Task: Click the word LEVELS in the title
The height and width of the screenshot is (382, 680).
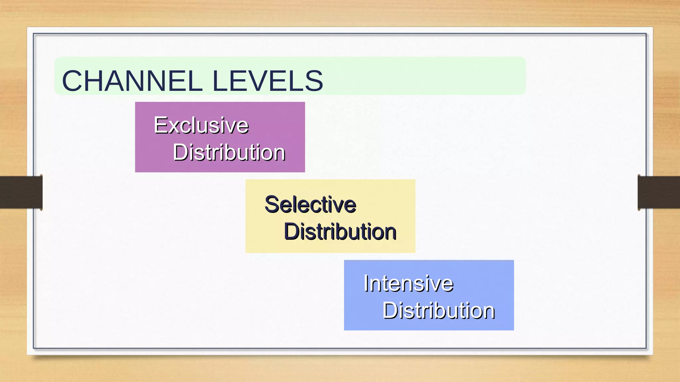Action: pyautogui.click(x=267, y=81)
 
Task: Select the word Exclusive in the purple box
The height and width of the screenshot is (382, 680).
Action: pyautogui.click(x=201, y=125)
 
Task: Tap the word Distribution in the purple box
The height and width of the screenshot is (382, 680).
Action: pyautogui.click(x=229, y=153)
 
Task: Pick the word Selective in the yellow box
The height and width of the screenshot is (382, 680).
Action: pyautogui.click(x=310, y=204)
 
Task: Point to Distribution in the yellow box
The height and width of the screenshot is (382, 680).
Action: pyautogui.click(x=340, y=231)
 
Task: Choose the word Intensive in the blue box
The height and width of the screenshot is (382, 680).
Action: pyautogui.click(x=408, y=284)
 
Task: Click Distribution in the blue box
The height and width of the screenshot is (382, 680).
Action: pyautogui.click(x=439, y=311)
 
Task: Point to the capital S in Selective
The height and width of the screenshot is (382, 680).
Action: pyautogui.click(x=272, y=204)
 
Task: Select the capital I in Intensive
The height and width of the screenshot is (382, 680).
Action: pyautogui.click(x=366, y=284)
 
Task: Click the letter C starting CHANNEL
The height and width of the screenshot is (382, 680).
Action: pyautogui.click(x=74, y=81)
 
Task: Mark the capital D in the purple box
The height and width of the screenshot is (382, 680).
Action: pyautogui.click(x=181, y=153)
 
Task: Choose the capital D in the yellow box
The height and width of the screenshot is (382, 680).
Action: pyautogui.click(x=292, y=231)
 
